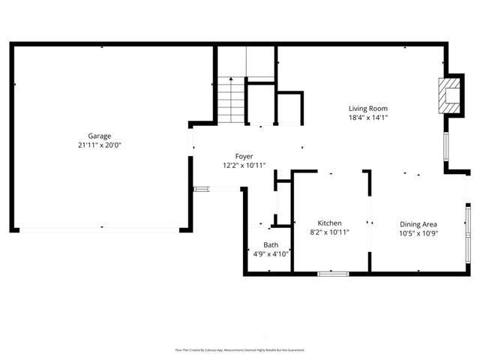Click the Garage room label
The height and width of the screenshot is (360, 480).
tap(100, 136)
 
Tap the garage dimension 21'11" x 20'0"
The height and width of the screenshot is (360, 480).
tap(100, 145)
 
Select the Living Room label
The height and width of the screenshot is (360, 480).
tap(367, 109)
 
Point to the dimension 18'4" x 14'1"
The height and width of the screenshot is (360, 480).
tap(367, 118)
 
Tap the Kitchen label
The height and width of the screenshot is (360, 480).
tap(330, 223)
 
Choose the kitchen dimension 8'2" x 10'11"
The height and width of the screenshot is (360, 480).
tap(330, 232)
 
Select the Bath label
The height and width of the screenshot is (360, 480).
tap(270, 245)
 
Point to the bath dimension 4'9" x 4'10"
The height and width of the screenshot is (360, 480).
tap(270, 254)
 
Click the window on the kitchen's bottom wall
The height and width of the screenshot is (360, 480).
tap(333, 274)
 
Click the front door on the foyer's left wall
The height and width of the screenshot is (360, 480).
tap(202, 189)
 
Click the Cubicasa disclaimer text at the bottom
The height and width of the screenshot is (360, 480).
tap(240, 349)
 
